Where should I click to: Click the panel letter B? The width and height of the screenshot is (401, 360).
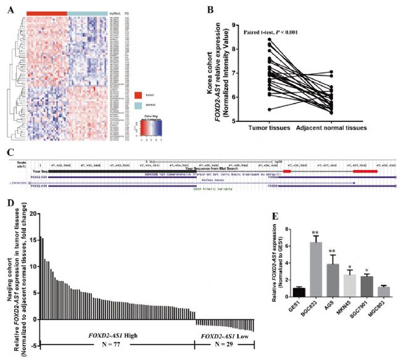click(212, 8)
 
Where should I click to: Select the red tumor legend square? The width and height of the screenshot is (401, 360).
click(139, 96)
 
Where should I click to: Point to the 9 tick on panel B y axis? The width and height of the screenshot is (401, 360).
click(231, 25)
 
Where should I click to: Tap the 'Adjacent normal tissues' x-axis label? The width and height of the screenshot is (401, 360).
click(331, 129)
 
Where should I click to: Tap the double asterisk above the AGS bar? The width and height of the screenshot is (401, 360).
click(333, 251)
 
